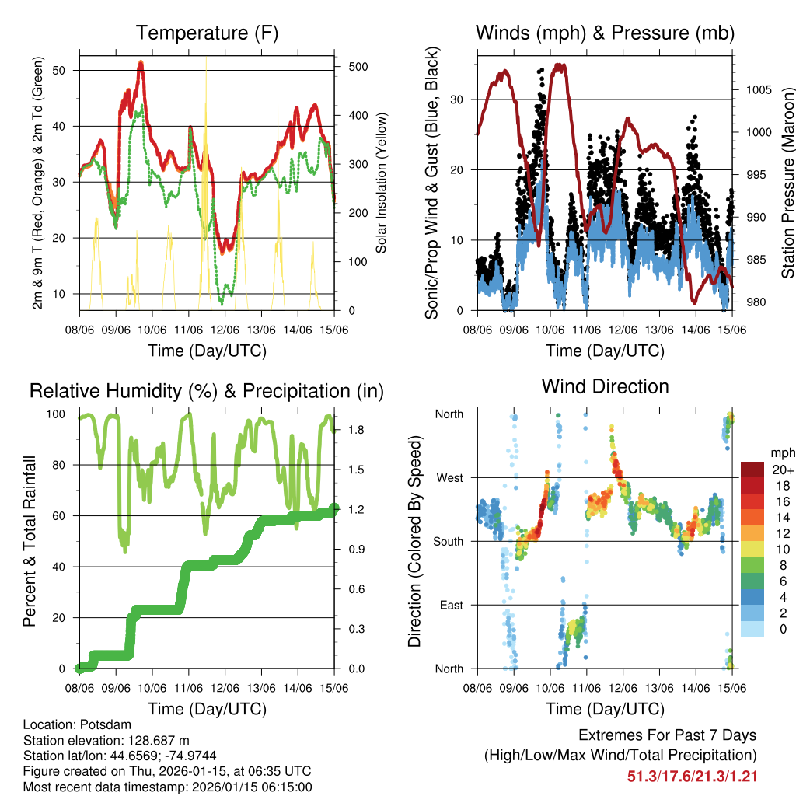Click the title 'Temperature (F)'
click(207, 33)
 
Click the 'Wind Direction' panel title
click(605, 386)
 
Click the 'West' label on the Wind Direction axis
click(449, 477)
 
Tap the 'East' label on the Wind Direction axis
click(450, 605)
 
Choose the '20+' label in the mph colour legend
click(781, 470)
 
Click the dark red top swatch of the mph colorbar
click(752, 470)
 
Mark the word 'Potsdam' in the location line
click(105, 724)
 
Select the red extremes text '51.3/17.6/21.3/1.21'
click(692, 776)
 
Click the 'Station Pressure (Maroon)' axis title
click(787, 183)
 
